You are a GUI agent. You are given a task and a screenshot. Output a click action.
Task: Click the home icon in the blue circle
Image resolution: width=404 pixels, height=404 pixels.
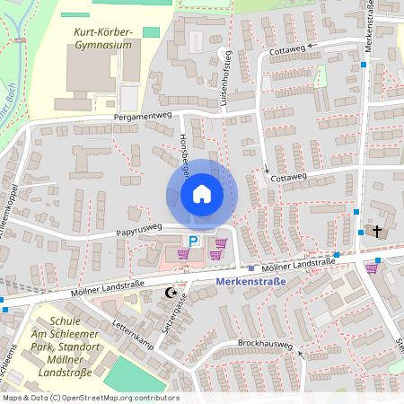[x=202, y=193]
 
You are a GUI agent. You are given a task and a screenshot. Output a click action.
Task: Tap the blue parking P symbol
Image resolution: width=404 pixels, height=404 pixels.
[x=193, y=241]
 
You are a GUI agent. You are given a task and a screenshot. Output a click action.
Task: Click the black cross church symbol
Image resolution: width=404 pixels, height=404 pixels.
[x=377, y=232]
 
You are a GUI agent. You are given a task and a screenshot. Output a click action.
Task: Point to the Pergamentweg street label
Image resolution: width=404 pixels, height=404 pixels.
[x=142, y=117]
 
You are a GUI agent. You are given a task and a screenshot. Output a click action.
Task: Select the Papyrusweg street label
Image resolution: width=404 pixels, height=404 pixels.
[x=138, y=230]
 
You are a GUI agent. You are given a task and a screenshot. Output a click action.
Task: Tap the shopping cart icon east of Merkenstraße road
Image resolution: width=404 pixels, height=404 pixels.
[x=372, y=267]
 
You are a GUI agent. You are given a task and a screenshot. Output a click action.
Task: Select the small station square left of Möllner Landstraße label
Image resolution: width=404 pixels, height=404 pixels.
[x=252, y=268]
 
